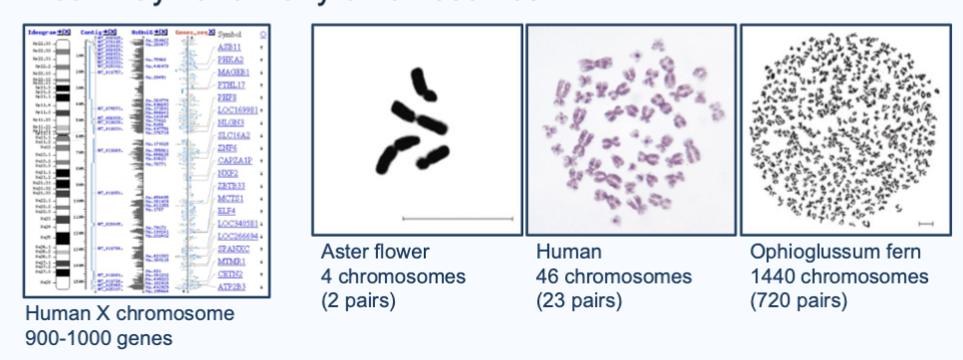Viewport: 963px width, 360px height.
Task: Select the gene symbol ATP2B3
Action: (x=231, y=287)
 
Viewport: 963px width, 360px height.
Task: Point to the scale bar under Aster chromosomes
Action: (x=458, y=216)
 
